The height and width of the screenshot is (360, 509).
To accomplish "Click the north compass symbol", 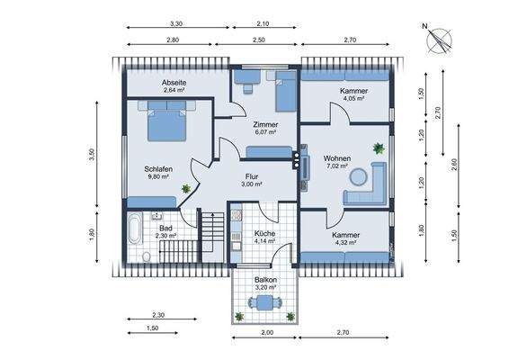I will point(442,39).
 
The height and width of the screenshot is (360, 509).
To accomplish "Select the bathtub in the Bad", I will point(133,230).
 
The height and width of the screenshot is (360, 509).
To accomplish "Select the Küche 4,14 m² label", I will point(264,238).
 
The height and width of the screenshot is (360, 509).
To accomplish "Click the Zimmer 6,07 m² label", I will point(264,129).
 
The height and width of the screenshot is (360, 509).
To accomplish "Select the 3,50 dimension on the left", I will point(90,155).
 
